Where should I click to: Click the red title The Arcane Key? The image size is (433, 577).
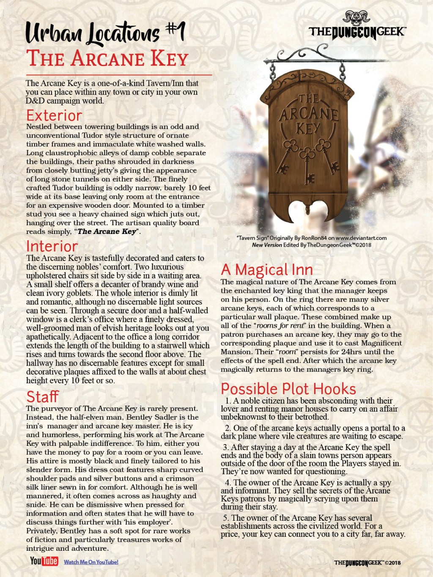coord(107,59)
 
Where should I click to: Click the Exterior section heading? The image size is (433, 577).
coord(54,115)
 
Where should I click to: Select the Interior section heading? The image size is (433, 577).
coord(52,246)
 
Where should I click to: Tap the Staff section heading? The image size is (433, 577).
coord(42,397)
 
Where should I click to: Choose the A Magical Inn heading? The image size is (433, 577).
coord(267,269)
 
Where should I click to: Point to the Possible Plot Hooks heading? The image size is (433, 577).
coord(288,389)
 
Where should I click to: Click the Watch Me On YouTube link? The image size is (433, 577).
coord(91,562)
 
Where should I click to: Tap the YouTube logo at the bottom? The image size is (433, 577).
coord(44,561)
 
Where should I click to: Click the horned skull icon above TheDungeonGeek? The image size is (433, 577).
coord(356,18)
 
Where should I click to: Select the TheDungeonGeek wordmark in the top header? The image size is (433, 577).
coord(357,32)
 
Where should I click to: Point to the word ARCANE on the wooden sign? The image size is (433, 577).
coord(308,113)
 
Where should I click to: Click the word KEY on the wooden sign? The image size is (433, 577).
coord(308,128)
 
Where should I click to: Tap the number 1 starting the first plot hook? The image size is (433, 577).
coord(227,401)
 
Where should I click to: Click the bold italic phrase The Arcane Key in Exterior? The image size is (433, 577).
coord(107,231)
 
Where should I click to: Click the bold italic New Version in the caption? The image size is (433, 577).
coord(267,245)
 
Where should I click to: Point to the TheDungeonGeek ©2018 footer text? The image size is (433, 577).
coord(367,563)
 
